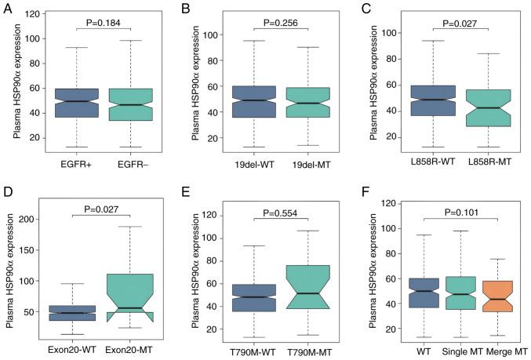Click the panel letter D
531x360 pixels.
7,191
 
